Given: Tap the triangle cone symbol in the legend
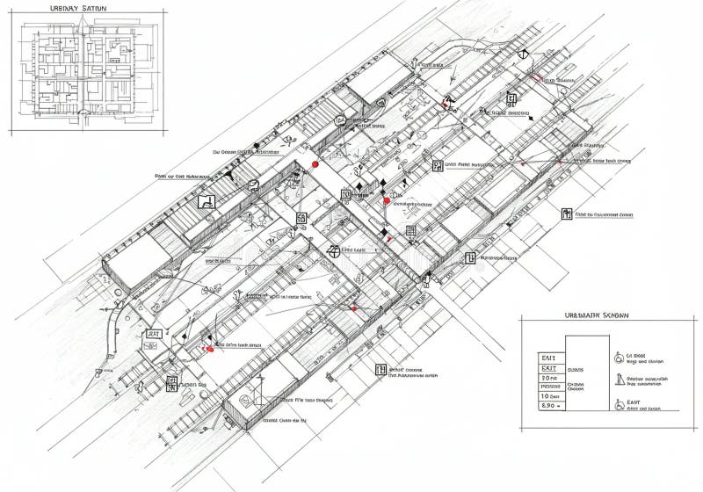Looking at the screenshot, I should (620, 380).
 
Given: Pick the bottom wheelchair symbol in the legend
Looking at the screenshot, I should (620, 405).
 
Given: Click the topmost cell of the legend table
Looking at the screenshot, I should (549, 358).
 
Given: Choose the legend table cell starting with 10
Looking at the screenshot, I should (549, 396).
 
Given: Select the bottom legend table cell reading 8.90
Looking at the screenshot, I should (549, 407).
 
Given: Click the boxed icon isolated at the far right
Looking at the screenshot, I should (567, 213).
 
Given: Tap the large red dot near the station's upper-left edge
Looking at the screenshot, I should (315, 163).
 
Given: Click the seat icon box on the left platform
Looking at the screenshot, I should (207, 201).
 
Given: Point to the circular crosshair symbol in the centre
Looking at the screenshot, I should (332, 251).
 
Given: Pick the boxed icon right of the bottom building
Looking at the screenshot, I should (380, 371).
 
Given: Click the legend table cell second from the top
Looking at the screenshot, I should (549, 371).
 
